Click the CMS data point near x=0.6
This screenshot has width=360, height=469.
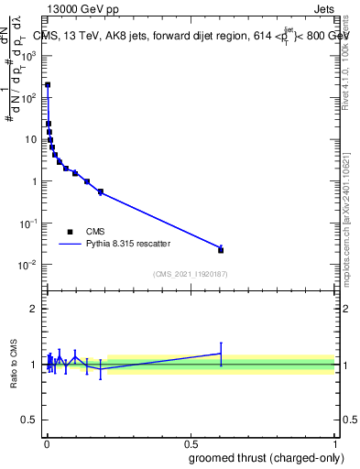click(221, 249)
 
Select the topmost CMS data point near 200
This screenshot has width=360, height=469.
click(48, 84)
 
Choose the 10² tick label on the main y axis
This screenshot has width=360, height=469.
click(30, 96)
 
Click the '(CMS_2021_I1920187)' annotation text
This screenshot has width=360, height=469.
click(190, 274)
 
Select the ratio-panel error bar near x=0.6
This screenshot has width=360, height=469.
click(221, 354)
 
